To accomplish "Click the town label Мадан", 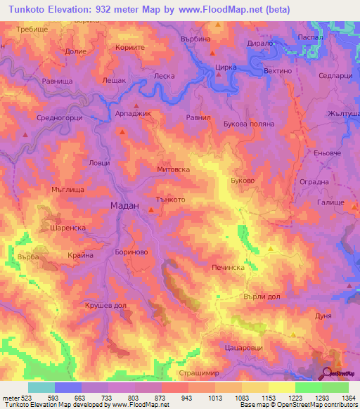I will coord(125,205).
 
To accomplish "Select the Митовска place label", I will coord(173,169).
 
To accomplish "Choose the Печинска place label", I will coord(227,268).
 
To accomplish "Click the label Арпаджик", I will coord(133,112).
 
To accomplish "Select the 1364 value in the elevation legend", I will coord(345,398).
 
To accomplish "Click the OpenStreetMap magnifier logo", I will coord(328,372).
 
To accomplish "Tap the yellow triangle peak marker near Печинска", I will coord(271,249).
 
